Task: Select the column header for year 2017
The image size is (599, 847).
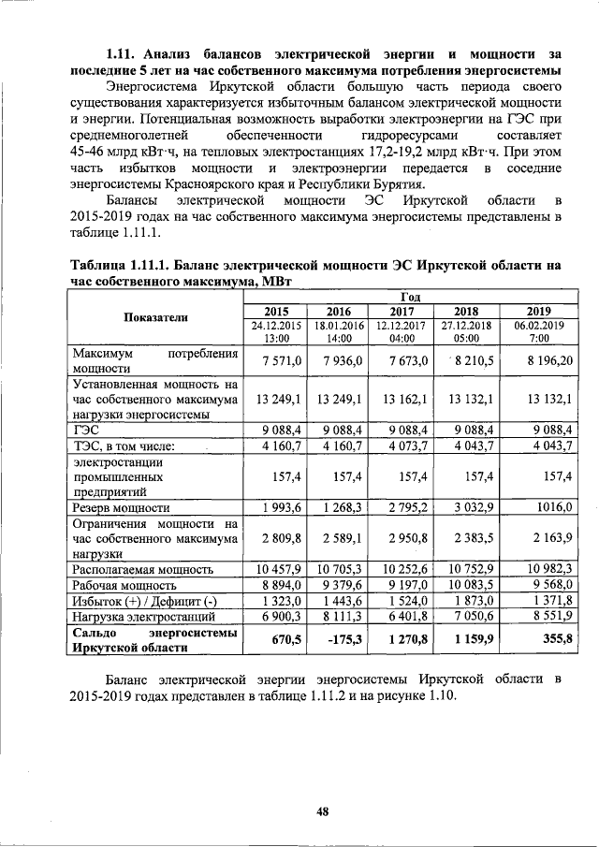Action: coord(402,312)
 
